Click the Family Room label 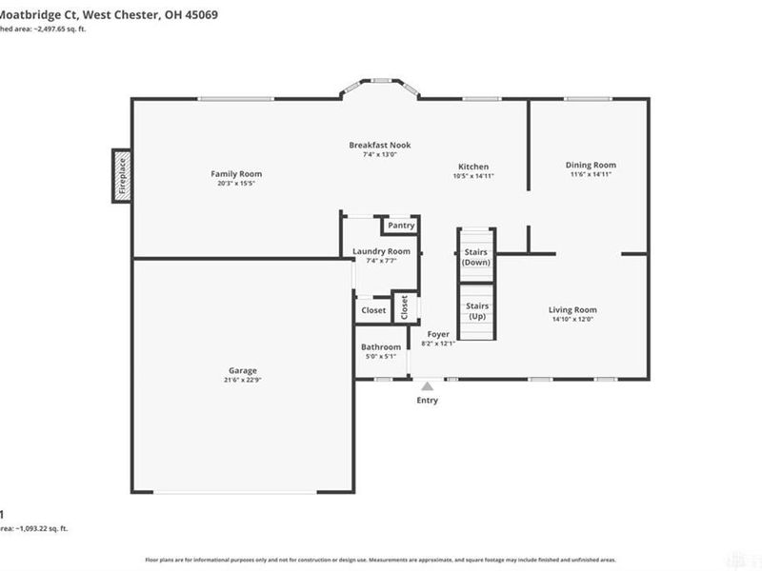click(x=236, y=174)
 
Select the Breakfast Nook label click(x=379, y=145)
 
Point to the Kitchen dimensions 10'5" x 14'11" click(x=473, y=176)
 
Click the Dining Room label click(x=591, y=165)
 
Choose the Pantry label click(x=400, y=226)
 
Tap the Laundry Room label click(x=381, y=251)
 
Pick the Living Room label click(x=572, y=310)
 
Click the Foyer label click(x=438, y=334)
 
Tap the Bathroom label click(x=380, y=347)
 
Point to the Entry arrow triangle click(x=428, y=385)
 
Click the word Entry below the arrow click(x=428, y=401)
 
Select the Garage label click(x=242, y=371)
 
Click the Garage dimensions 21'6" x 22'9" click(x=242, y=381)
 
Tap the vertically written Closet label click(x=404, y=306)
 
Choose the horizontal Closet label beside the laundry click(x=373, y=310)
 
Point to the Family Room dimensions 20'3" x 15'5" click(x=236, y=184)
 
